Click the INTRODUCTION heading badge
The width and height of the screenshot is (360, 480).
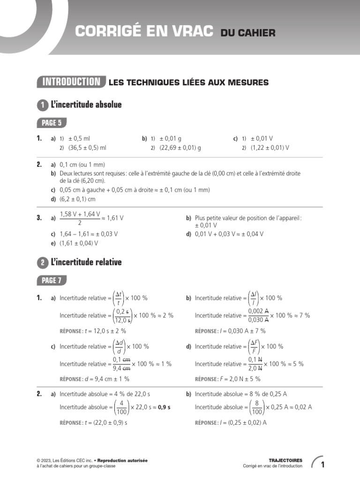coord(71,82)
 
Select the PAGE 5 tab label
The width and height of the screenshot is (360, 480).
coord(52,123)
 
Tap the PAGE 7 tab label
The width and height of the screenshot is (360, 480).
coord(52,281)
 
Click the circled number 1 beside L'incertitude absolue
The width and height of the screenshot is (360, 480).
coord(42,105)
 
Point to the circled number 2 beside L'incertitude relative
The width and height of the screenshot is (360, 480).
coord(42,263)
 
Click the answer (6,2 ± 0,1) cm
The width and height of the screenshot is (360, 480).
coord(77,199)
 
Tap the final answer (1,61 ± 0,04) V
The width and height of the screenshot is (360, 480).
coord(79,243)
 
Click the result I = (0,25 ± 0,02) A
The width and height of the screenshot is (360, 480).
coord(238,422)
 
